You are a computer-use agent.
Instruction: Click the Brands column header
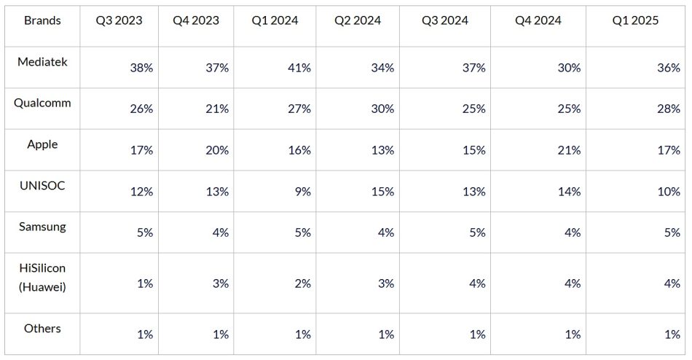[x=42, y=20]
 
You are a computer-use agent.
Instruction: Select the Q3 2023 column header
[x=119, y=20]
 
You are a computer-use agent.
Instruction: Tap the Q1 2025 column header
[x=635, y=20]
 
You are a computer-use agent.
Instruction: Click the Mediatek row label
[x=42, y=62]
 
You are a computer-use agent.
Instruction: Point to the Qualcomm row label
[x=42, y=103]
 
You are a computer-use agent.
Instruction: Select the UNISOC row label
[x=42, y=186]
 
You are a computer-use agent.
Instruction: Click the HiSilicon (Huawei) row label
[x=42, y=278]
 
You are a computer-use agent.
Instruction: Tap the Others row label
[x=42, y=329]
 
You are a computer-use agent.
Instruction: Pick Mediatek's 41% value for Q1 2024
[x=299, y=68]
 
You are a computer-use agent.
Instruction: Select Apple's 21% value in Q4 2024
[x=568, y=150]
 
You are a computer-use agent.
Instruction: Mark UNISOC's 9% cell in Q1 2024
[x=302, y=192]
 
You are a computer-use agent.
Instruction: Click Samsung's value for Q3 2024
[x=477, y=232]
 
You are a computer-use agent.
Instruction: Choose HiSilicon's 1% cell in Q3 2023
[x=145, y=283]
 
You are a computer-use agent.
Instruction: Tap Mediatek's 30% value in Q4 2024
[x=568, y=68]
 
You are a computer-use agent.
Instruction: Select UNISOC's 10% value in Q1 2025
[x=669, y=192]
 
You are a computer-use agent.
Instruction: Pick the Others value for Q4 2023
[x=221, y=334]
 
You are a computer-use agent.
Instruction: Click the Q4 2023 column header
[x=195, y=20]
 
